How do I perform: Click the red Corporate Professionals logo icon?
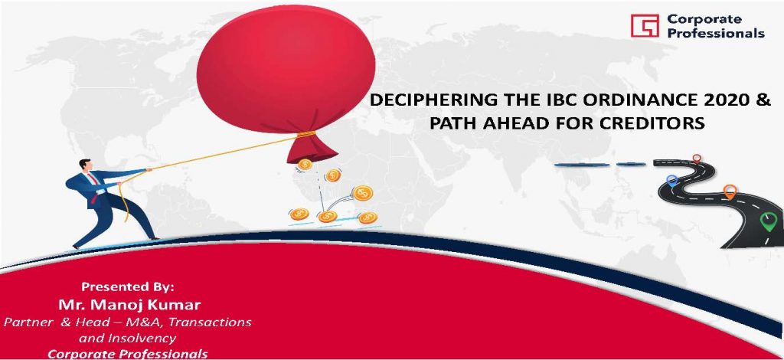click(645, 25)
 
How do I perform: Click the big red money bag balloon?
click(286, 73)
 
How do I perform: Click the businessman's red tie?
click(93, 188)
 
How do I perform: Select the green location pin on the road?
click(768, 221)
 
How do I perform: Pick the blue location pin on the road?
click(672, 180)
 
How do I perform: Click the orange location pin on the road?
click(730, 191)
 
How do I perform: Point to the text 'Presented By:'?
click(128, 287)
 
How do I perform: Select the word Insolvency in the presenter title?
click(142, 339)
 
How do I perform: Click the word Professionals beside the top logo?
click(716, 33)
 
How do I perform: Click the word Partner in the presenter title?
click(28, 322)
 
